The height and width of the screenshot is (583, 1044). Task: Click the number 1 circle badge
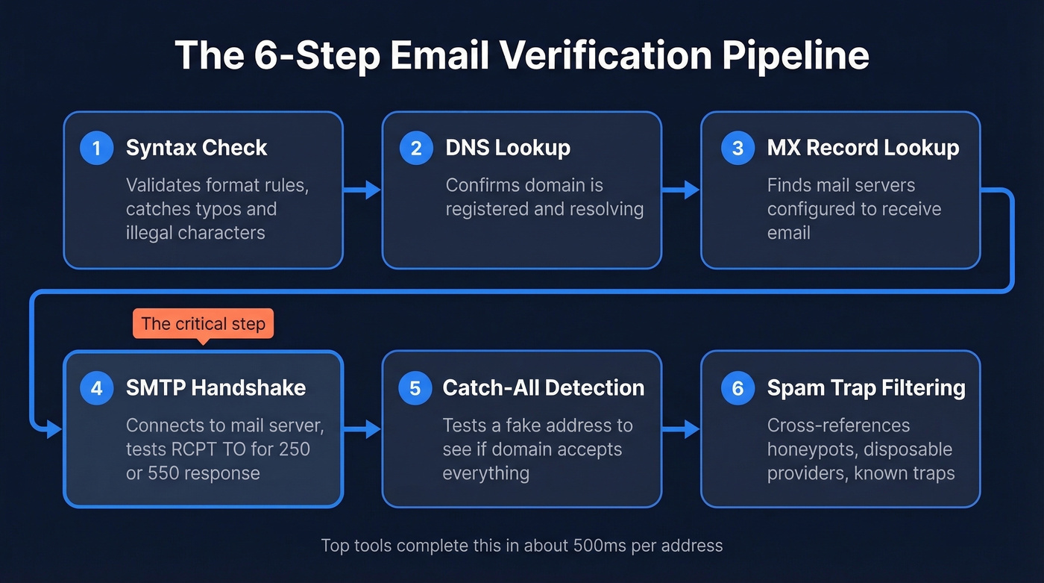click(96, 148)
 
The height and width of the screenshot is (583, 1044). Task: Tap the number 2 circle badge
click(416, 148)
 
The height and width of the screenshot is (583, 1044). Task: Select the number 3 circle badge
click(738, 148)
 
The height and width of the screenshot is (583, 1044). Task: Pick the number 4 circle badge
click(96, 388)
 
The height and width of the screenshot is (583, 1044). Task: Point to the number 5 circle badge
click(415, 388)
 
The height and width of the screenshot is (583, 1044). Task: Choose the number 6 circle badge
click(738, 388)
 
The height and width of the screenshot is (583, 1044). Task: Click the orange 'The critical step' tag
click(203, 324)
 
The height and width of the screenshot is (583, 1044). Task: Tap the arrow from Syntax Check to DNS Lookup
click(363, 190)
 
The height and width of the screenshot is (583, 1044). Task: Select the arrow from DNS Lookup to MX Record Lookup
click(682, 190)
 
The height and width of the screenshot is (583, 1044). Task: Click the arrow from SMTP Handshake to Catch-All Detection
click(363, 429)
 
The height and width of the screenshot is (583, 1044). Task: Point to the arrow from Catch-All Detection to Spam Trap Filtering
click(682, 429)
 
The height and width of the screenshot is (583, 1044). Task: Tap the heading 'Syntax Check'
click(196, 148)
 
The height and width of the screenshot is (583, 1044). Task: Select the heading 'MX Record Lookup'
click(863, 148)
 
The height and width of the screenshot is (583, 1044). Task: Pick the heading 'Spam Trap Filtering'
click(866, 388)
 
